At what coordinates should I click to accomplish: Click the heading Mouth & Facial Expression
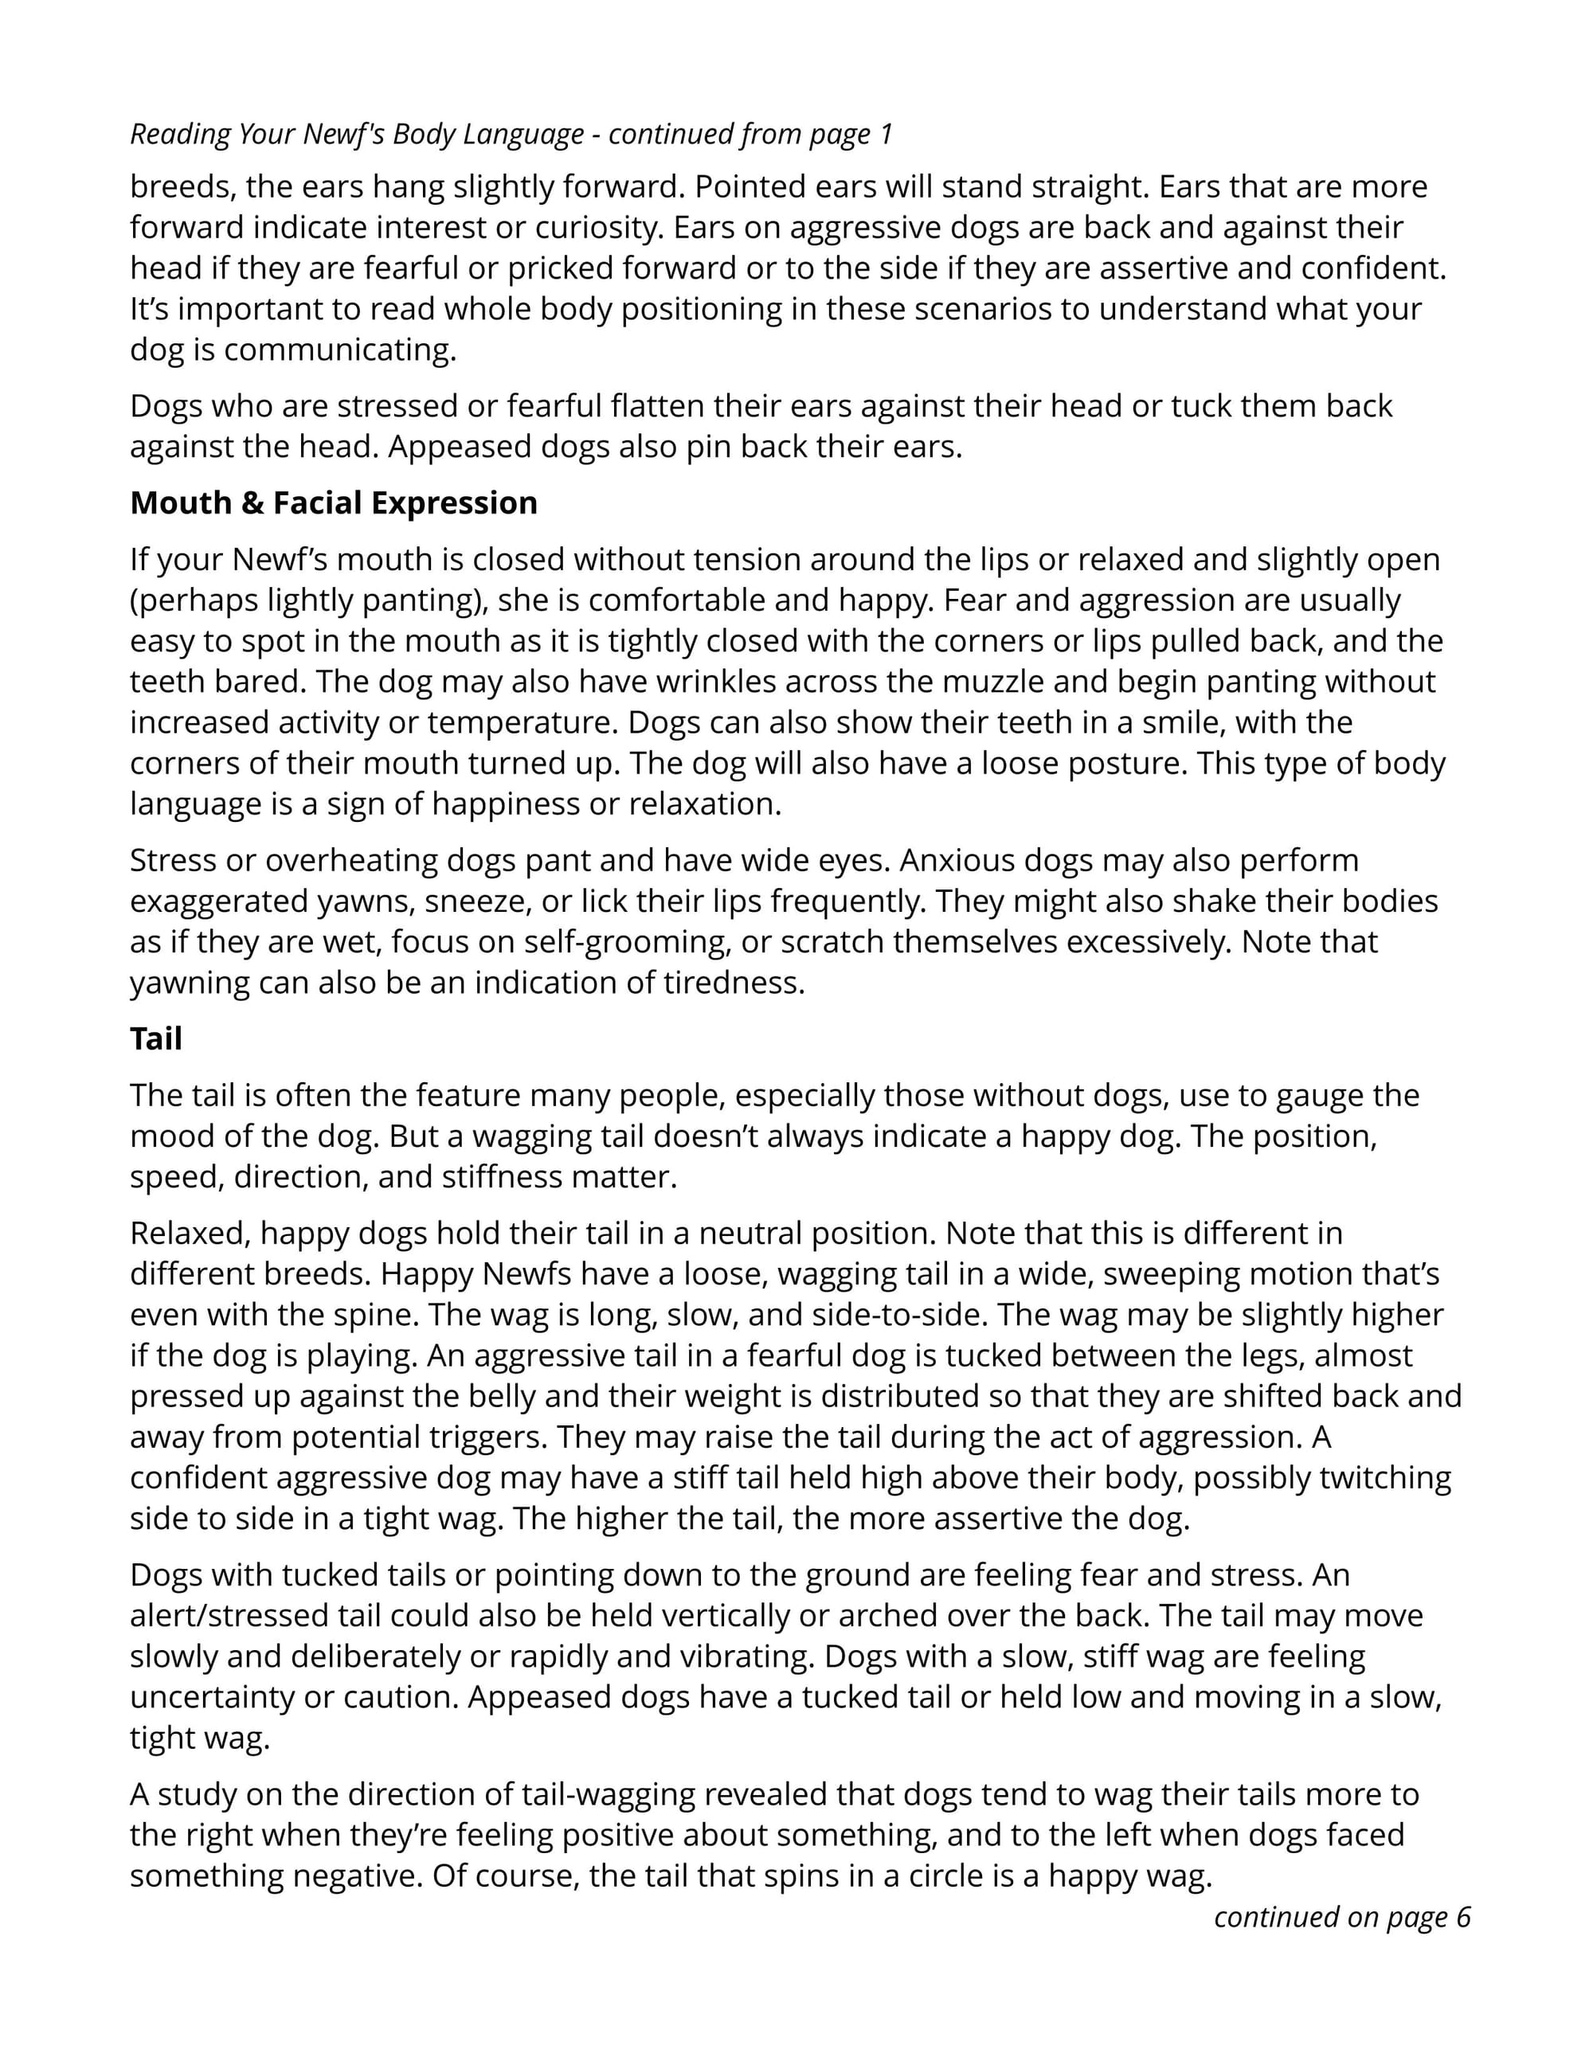pyautogui.click(x=333, y=503)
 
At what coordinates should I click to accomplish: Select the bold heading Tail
pyautogui.click(x=155, y=1039)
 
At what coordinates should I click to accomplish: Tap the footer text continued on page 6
pyautogui.click(x=1342, y=1917)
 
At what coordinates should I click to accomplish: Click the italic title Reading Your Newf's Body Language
pyautogui.click(x=357, y=134)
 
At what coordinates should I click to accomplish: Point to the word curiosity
pyautogui.click(x=594, y=228)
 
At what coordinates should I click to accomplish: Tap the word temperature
pyautogui.click(x=519, y=722)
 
